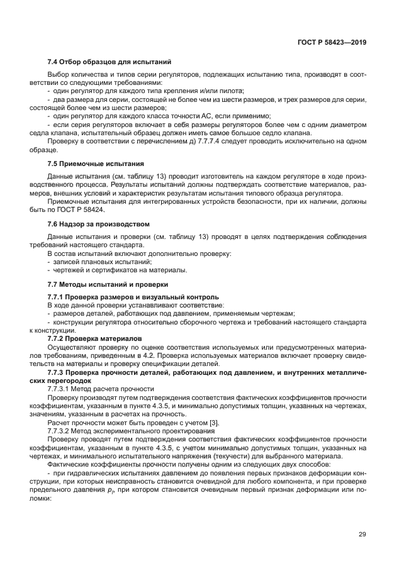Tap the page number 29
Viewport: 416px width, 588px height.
coord(363,535)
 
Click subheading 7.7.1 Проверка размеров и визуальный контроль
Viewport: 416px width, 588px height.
coord(133,296)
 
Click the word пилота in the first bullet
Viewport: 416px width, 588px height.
coord(198,92)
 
